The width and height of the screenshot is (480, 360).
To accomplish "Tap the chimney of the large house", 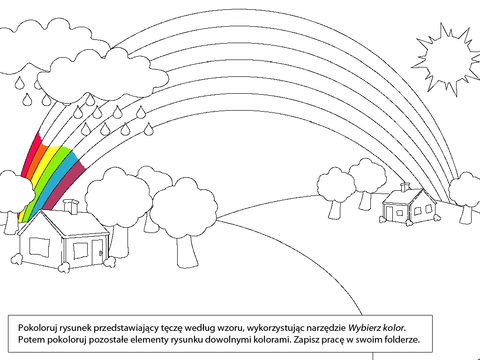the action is tap(71, 207).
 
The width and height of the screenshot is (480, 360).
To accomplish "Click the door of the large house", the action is tap(97, 252).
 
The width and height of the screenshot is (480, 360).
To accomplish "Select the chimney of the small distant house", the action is tap(405, 187).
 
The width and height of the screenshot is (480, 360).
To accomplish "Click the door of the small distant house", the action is tap(390, 214).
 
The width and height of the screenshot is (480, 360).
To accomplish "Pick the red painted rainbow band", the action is tap(30, 153).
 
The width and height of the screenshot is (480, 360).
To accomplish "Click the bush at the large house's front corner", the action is tap(64, 268).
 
